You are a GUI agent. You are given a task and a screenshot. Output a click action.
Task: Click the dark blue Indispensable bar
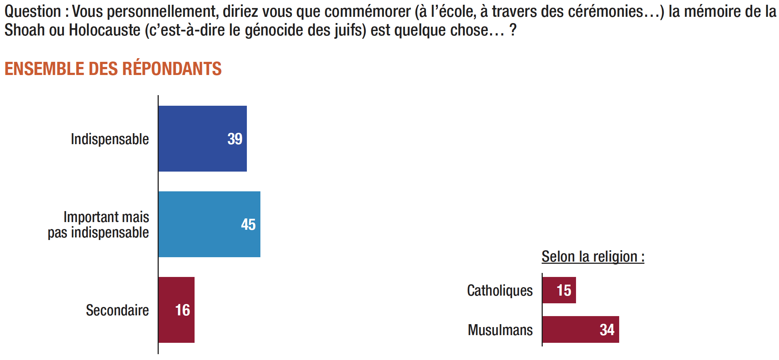pyautogui.click(x=194, y=139)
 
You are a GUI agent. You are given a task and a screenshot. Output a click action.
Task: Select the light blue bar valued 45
pyautogui.click(x=201, y=224)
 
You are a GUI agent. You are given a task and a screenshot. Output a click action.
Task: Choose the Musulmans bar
pyautogui.click(x=571, y=330)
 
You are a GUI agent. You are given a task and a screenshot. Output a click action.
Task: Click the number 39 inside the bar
pyautogui.click(x=235, y=139)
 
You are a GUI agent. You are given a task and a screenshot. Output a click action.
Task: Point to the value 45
pyautogui.click(x=248, y=225)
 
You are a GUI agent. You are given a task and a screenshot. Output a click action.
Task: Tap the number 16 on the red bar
pyautogui.click(x=182, y=310)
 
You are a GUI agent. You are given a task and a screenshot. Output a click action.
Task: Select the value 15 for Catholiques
pyautogui.click(x=564, y=290)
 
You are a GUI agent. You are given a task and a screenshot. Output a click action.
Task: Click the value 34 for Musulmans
pyautogui.click(x=607, y=330)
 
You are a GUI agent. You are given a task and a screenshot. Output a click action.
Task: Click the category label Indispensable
pyautogui.click(x=110, y=139)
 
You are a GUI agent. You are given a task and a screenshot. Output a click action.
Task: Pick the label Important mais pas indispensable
pyautogui.click(x=99, y=225)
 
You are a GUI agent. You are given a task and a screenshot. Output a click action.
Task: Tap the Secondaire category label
pyautogui.click(x=117, y=310)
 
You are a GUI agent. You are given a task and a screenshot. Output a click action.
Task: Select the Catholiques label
pyautogui.click(x=500, y=290)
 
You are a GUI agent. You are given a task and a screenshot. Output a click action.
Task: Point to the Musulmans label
pyautogui.click(x=500, y=330)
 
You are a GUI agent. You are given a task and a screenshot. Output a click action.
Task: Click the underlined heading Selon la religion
pyautogui.click(x=593, y=256)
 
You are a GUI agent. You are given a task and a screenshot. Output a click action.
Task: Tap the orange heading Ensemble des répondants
pyautogui.click(x=113, y=69)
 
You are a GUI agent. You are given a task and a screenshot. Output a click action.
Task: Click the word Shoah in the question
pyautogui.click(x=25, y=30)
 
